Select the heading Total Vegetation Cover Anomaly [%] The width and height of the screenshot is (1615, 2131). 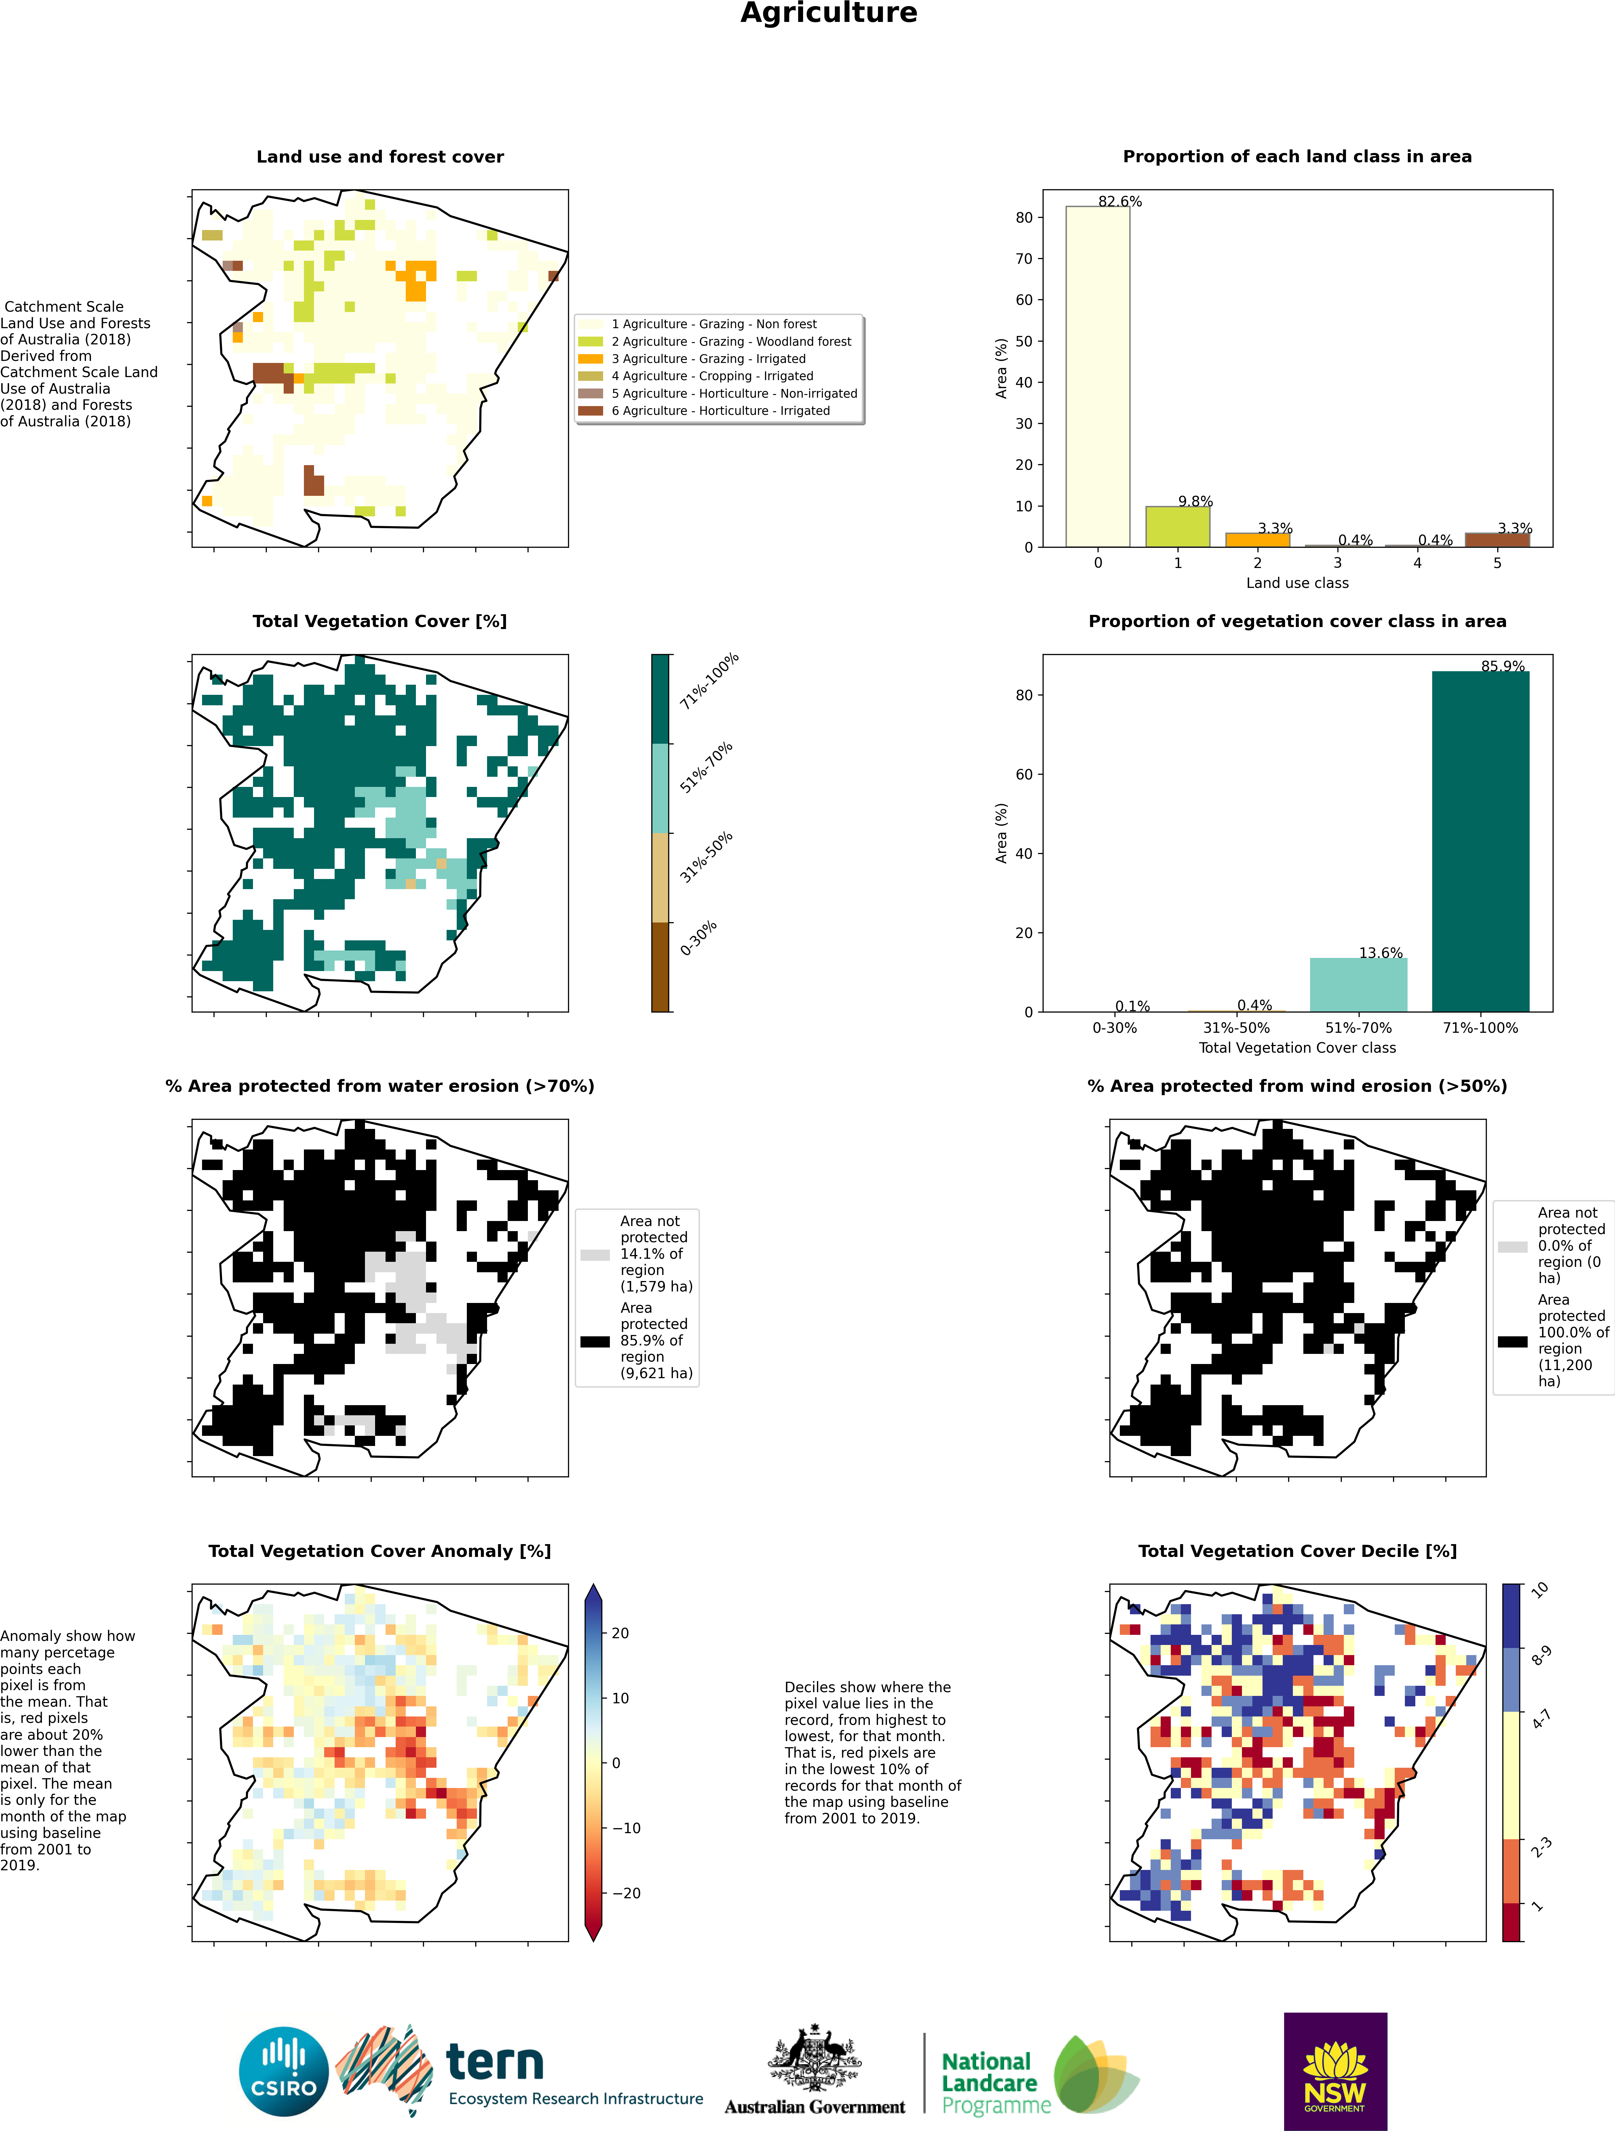(380, 1551)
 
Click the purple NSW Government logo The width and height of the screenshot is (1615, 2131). (1335, 2071)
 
